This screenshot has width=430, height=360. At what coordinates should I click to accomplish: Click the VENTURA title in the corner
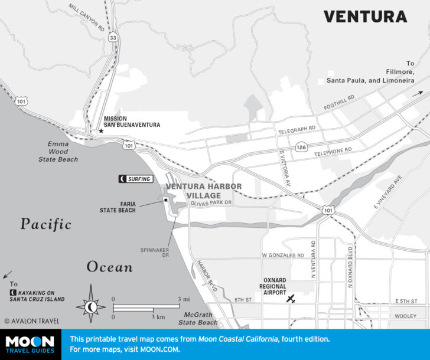pyautogui.click(x=364, y=17)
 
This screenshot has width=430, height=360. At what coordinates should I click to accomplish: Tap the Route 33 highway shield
pyautogui.click(x=112, y=37)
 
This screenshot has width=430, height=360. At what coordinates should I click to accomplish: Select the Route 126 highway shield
pyautogui.click(x=301, y=146)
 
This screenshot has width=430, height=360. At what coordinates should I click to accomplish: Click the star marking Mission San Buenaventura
pyautogui.click(x=101, y=131)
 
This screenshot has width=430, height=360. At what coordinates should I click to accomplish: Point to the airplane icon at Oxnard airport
pyautogui.click(x=290, y=300)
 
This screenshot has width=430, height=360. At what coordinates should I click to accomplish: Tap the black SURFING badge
pyautogui.click(x=135, y=179)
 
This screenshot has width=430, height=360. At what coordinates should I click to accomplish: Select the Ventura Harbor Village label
pyautogui.click(x=203, y=191)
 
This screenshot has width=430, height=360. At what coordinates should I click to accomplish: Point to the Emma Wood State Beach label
pyautogui.click(x=58, y=151)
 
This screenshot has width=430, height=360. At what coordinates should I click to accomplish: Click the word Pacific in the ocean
pyautogui.click(x=45, y=224)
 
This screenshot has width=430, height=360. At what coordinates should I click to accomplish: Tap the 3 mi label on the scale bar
pyautogui.click(x=183, y=299)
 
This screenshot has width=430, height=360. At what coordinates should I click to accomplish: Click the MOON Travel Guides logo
pyautogui.click(x=30, y=345)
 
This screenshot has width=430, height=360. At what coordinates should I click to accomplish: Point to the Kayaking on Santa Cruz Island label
pyautogui.click(x=37, y=295)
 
